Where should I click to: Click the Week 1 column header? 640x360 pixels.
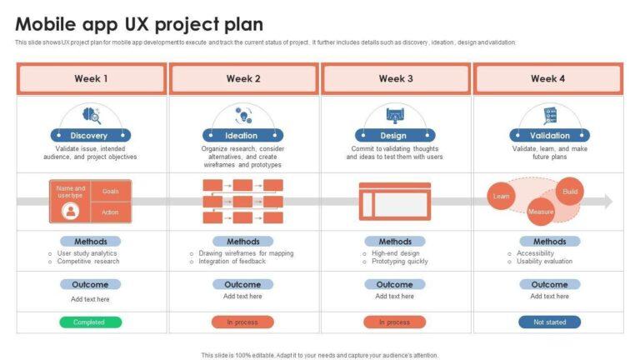click(92, 79)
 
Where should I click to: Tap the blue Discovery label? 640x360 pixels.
click(89, 136)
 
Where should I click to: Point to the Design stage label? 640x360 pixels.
click(393, 136)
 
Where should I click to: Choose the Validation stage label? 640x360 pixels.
click(549, 136)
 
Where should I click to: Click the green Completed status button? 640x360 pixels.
click(89, 322)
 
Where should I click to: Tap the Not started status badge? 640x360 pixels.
click(549, 322)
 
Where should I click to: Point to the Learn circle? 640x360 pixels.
click(502, 197)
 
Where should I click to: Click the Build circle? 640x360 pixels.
click(570, 191)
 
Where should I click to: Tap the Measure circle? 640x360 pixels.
click(541, 212)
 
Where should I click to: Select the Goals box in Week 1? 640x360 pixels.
click(111, 191)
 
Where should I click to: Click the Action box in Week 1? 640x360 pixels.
click(111, 212)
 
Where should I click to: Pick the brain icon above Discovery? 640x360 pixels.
click(90, 116)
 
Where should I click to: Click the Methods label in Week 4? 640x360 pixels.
click(549, 242)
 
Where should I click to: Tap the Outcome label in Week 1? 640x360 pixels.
click(90, 284)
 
